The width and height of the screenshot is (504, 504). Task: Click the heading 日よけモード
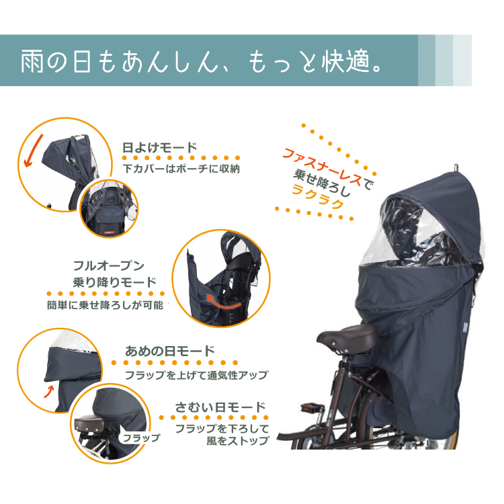pos(159,148)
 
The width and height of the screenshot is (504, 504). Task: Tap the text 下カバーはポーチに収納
pos(181,169)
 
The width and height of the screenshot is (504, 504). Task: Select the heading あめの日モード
pos(170,351)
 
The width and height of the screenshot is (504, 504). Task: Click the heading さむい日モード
pos(220,407)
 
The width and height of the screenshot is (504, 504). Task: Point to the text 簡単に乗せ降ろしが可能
pos(105,304)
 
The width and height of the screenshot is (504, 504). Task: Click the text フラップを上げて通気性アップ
pos(196,375)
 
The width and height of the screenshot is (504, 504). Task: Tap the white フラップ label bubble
pos(141,437)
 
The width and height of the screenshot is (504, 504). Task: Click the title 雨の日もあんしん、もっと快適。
pos(202,60)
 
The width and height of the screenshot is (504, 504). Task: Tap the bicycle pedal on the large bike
pos(311,407)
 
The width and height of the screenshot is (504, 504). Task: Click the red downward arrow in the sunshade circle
pos(33,151)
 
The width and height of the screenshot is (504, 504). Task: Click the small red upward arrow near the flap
pos(48,392)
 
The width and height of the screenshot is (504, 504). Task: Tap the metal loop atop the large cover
pos(456,168)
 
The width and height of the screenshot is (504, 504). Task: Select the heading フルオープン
pos(109,266)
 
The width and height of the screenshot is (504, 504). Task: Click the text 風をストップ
pos(237,441)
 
